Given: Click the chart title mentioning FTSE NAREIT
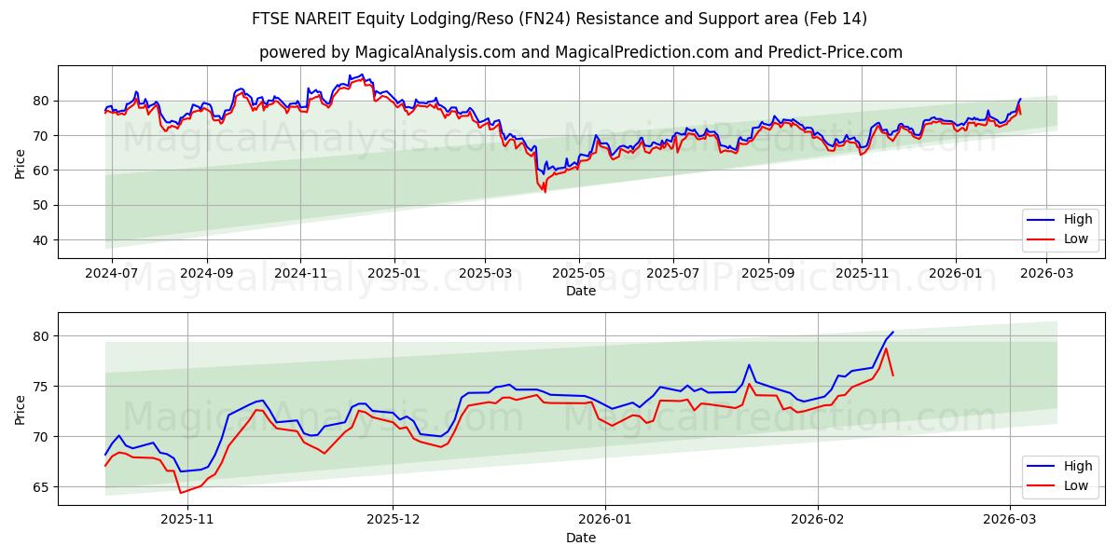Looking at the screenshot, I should click(559, 19).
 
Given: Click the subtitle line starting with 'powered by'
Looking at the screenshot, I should click(580, 52).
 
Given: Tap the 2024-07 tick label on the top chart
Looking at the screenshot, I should click(112, 274).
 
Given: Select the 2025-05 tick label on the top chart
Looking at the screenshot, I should click(579, 274).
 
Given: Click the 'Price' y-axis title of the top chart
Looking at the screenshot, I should click(21, 162).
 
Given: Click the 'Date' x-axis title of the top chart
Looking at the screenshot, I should click(580, 291).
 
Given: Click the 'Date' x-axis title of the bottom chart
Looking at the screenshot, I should click(580, 538).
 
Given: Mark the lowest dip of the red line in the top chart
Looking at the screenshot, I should click(545, 192).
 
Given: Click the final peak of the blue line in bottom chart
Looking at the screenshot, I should click(892, 332).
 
